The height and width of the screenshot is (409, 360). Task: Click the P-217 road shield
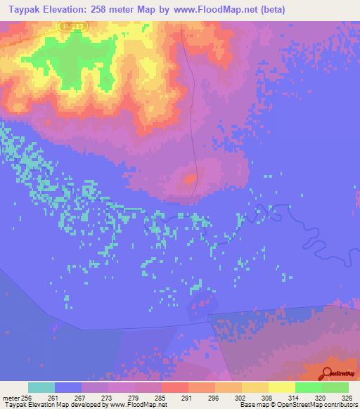[67, 25]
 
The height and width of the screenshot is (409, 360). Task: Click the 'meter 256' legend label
[15, 398]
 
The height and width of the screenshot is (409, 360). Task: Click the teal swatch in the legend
[41, 387]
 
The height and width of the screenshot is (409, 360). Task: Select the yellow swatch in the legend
[282, 387]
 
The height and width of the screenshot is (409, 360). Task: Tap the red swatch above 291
[175, 387]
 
